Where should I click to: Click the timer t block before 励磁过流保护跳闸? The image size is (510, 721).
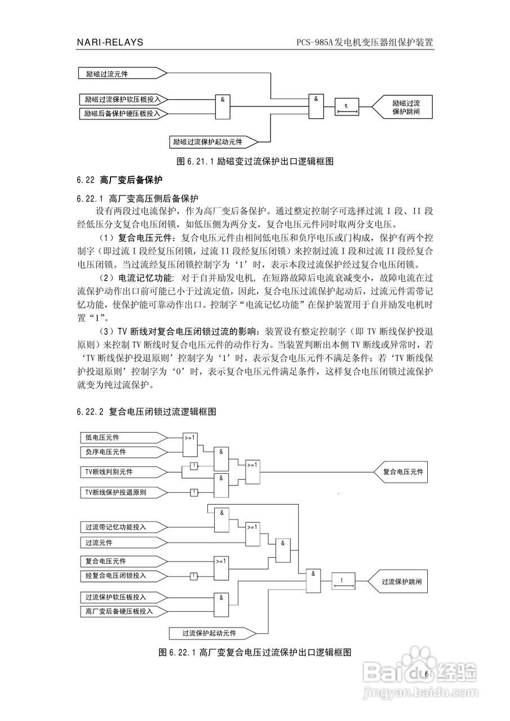347,106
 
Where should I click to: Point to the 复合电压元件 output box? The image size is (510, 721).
401,471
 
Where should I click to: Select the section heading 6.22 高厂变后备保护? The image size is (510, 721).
119,181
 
